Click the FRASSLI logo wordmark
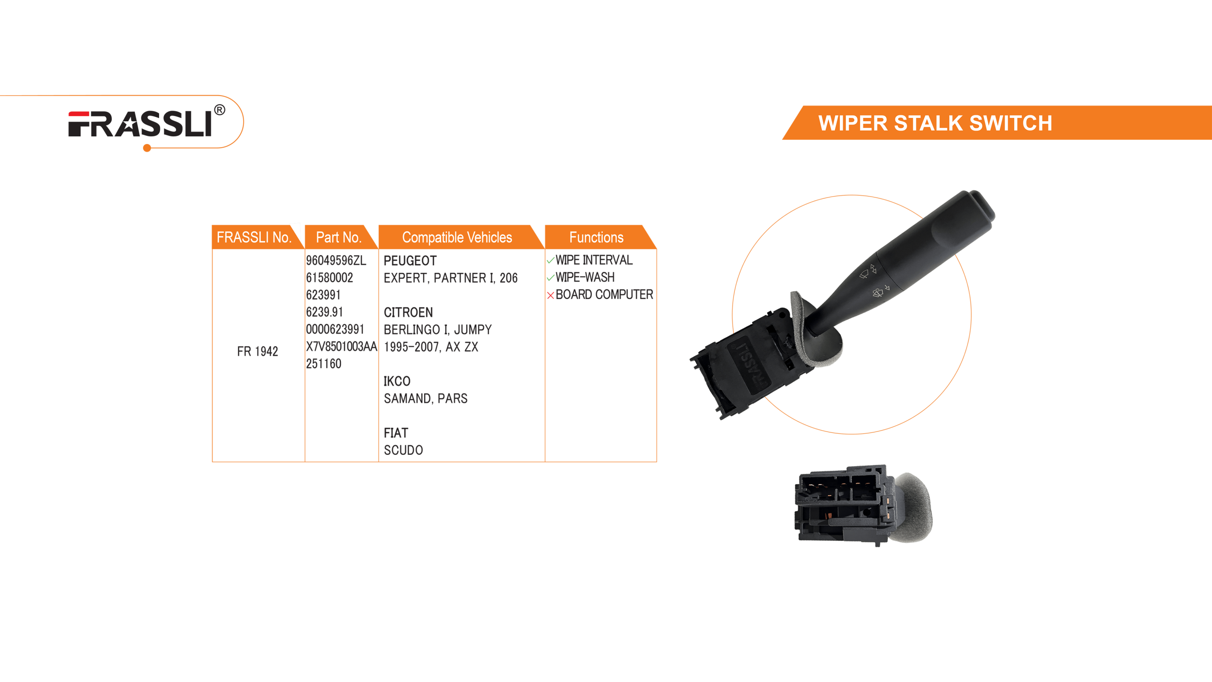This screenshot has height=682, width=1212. pyautogui.click(x=140, y=124)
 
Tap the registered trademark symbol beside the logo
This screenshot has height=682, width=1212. pyautogui.click(x=220, y=110)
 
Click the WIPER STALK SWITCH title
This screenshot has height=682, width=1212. pyautogui.click(x=935, y=123)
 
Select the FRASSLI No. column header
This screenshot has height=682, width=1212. pyautogui.click(x=254, y=237)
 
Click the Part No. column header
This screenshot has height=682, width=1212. pyautogui.click(x=339, y=237)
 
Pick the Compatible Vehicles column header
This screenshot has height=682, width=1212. pyautogui.click(x=457, y=237)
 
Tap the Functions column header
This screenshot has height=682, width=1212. pyautogui.click(x=596, y=237)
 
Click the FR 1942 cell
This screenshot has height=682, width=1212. pyautogui.click(x=258, y=351)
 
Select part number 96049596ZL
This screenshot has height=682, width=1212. pyautogui.click(x=336, y=260)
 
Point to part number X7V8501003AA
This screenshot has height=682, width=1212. pyautogui.click(x=341, y=347)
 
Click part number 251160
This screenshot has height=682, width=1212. pyautogui.click(x=323, y=364)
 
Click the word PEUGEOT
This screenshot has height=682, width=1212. pyautogui.click(x=410, y=260)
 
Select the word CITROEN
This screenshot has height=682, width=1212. pyautogui.click(x=408, y=312)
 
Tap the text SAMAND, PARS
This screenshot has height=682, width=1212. pyautogui.click(x=426, y=398)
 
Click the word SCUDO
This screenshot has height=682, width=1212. pyautogui.click(x=403, y=450)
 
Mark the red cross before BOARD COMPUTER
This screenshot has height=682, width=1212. pyautogui.click(x=551, y=296)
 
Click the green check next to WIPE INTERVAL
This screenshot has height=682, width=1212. pyautogui.click(x=551, y=260)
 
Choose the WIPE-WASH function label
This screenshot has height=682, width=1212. pyautogui.click(x=585, y=277)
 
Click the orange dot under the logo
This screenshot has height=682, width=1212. pyautogui.click(x=147, y=148)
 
